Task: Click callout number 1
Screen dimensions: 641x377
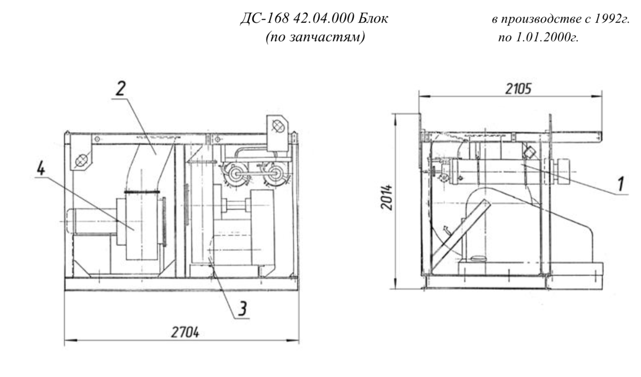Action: pyautogui.click(x=620, y=183)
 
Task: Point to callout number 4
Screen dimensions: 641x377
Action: pyautogui.click(x=41, y=169)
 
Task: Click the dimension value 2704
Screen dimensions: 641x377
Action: pyautogui.click(x=185, y=333)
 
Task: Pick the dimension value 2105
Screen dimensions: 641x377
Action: pyautogui.click(x=518, y=89)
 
